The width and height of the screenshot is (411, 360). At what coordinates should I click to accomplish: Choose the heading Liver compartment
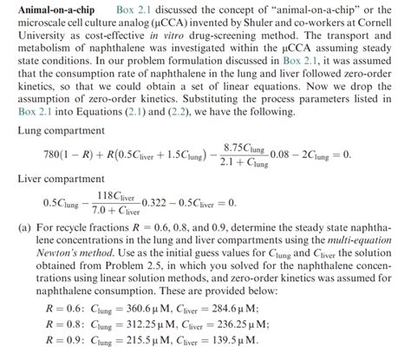[55, 178]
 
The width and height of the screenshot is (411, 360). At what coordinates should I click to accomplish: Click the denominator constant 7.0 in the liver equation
[97, 211]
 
